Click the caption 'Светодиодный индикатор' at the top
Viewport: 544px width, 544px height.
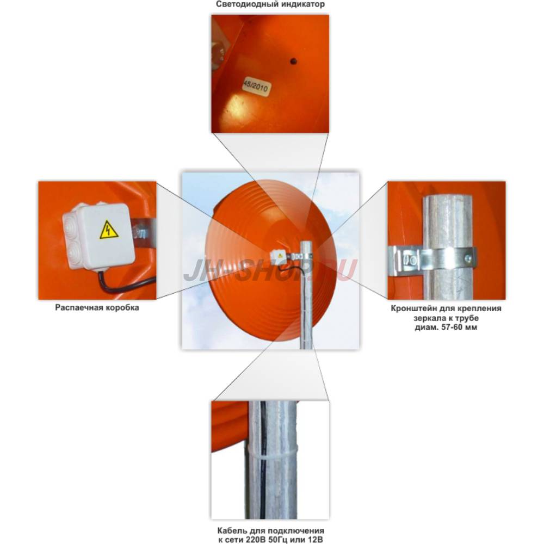click(x=270, y=4)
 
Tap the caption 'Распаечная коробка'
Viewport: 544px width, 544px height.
click(x=97, y=308)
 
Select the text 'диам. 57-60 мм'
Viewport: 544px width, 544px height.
click(x=446, y=327)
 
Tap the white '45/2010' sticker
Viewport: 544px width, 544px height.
click(x=256, y=85)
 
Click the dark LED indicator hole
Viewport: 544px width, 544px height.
click(x=294, y=61)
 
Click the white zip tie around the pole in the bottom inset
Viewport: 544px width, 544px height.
click(x=273, y=452)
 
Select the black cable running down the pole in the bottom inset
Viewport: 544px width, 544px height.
click(x=261, y=458)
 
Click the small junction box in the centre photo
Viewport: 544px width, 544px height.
click(x=278, y=255)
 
